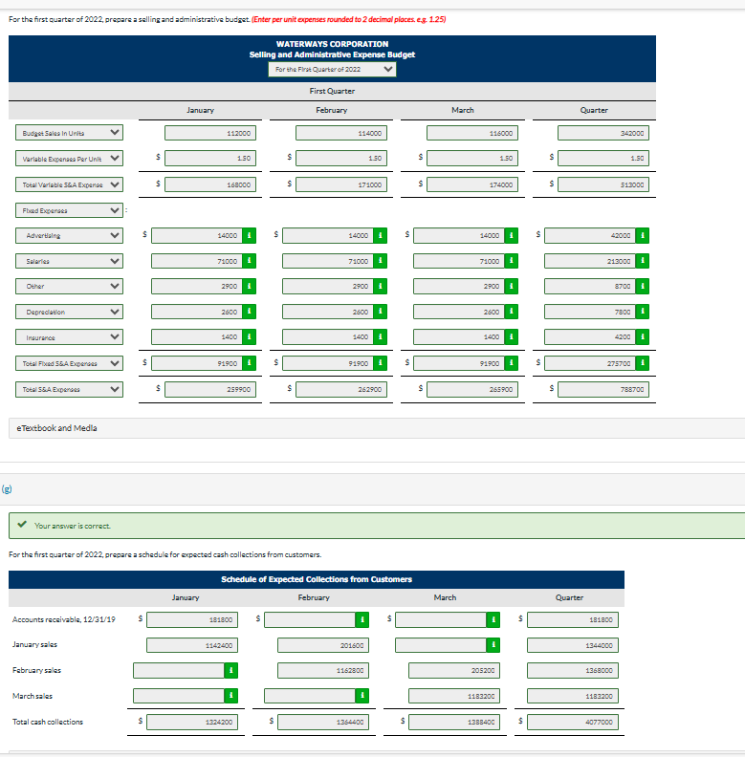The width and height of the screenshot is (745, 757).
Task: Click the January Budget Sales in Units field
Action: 211,133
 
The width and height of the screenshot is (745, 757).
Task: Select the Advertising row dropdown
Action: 68,235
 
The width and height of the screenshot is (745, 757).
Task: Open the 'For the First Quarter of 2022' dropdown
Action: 332,69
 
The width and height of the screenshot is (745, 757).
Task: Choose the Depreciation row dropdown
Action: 68,312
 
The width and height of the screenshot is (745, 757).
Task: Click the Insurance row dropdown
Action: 68,337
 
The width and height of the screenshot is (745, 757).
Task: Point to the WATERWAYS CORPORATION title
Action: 332,44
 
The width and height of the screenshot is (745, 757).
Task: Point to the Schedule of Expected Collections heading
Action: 317,579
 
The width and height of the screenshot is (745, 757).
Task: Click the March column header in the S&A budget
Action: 462,110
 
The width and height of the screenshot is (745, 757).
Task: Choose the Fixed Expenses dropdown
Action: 68,209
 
